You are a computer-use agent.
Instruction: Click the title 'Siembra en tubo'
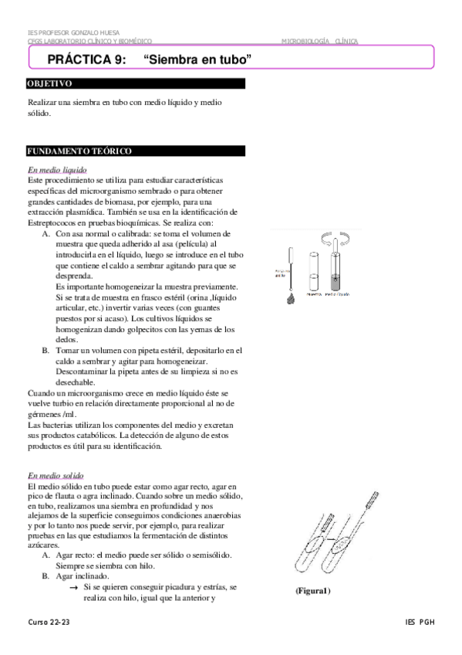click(x=199, y=59)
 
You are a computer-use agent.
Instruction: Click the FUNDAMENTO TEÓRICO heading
click(x=79, y=151)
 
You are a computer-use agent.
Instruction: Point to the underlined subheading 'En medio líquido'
click(x=57, y=170)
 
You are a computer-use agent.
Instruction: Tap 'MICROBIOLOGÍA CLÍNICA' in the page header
click(x=319, y=41)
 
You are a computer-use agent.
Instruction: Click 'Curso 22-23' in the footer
click(x=49, y=622)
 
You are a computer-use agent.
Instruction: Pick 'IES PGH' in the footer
click(x=420, y=622)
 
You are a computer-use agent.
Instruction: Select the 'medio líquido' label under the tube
click(x=340, y=294)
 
